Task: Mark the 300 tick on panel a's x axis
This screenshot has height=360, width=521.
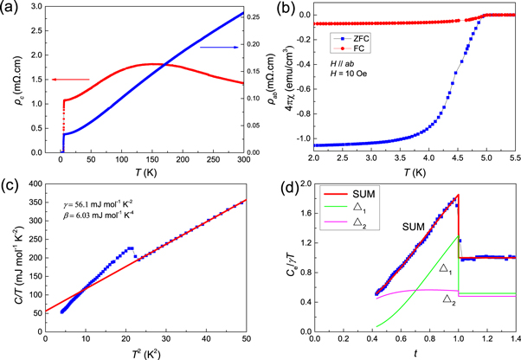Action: coord(242,161)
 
